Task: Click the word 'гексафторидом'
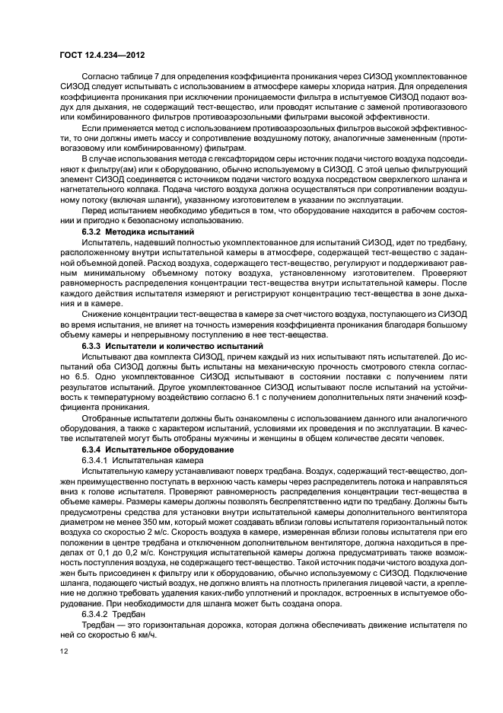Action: click(x=226, y=159)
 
